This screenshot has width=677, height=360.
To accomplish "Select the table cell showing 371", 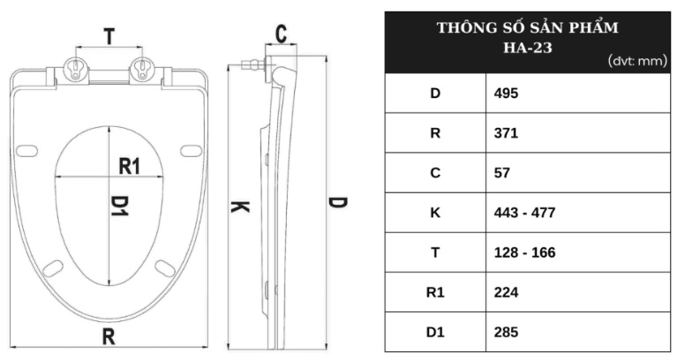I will [x=506, y=133].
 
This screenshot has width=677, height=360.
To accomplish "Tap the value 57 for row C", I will [x=502, y=173].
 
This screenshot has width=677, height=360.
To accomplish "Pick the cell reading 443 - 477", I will [x=524, y=213].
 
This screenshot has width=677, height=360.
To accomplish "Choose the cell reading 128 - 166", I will [x=524, y=252].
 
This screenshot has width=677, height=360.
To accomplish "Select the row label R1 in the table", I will [x=434, y=292].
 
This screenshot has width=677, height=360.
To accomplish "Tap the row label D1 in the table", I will [x=434, y=332].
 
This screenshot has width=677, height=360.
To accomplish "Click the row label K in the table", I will [x=434, y=213].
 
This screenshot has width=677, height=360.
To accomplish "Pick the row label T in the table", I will [x=434, y=252].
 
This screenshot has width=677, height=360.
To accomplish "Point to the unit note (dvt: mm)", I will [x=635, y=61].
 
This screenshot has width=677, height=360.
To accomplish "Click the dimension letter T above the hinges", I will [x=109, y=37].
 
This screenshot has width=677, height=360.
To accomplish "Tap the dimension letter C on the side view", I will [x=281, y=34].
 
